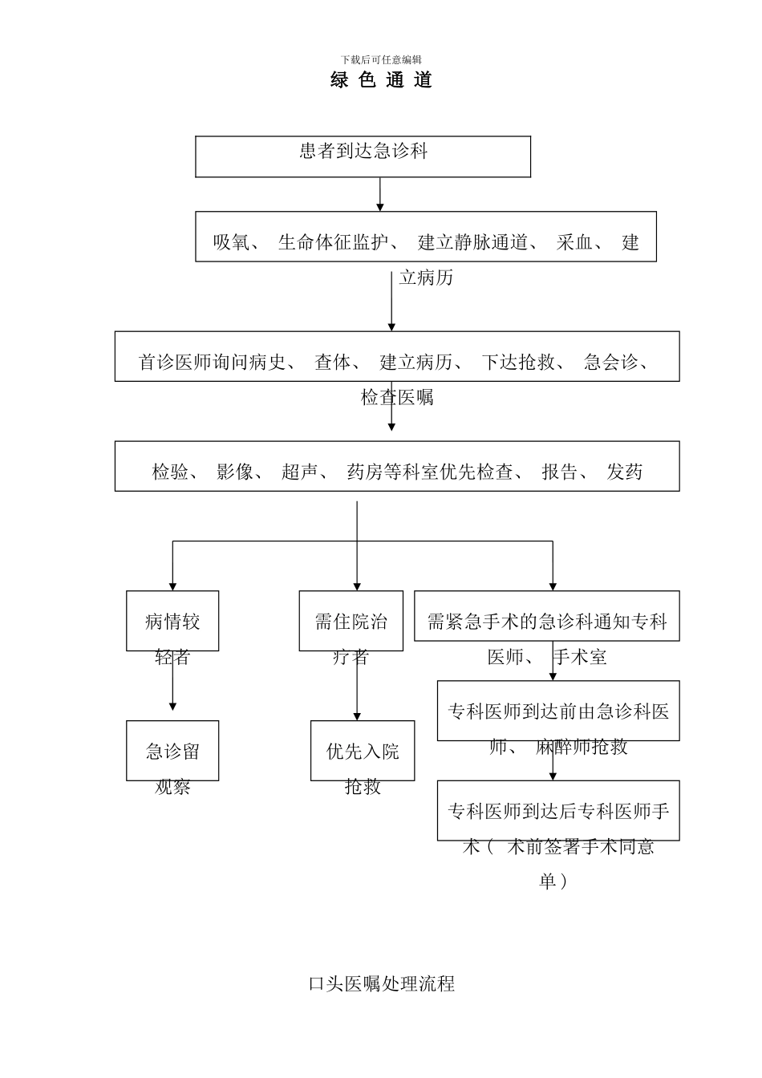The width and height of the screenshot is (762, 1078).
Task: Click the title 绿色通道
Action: (x=381, y=80)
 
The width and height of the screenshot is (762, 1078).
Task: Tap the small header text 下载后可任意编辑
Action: (x=381, y=59)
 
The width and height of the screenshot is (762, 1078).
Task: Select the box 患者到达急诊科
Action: (x=363, y=156)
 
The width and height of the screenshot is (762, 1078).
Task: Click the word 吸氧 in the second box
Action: (x=231, y=242)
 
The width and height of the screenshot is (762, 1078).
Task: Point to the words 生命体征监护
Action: (x=333, y=242)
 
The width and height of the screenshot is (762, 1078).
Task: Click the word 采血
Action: (x=575, y=242)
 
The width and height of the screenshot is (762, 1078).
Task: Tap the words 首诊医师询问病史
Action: (x=212, y=363)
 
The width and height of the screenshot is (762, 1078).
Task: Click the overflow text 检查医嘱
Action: (x=397, y=397)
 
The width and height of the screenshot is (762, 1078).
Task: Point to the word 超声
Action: (x=299, y=472)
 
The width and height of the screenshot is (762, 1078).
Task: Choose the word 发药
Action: (x=624, y=472)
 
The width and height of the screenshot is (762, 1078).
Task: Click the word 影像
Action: (x=234, y=472)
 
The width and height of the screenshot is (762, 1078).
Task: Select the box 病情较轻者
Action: (x=172, y=622)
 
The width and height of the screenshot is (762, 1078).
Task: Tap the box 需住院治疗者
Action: (x=351, y=622)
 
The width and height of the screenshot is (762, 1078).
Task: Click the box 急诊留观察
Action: (x=172, y=752)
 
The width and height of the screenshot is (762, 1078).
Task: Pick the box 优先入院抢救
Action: (x=363, y=752)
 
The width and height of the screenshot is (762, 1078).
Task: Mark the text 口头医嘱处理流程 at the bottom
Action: (x=382, y=984)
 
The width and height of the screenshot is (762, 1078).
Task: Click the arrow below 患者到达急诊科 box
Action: (x=380, y=195)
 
